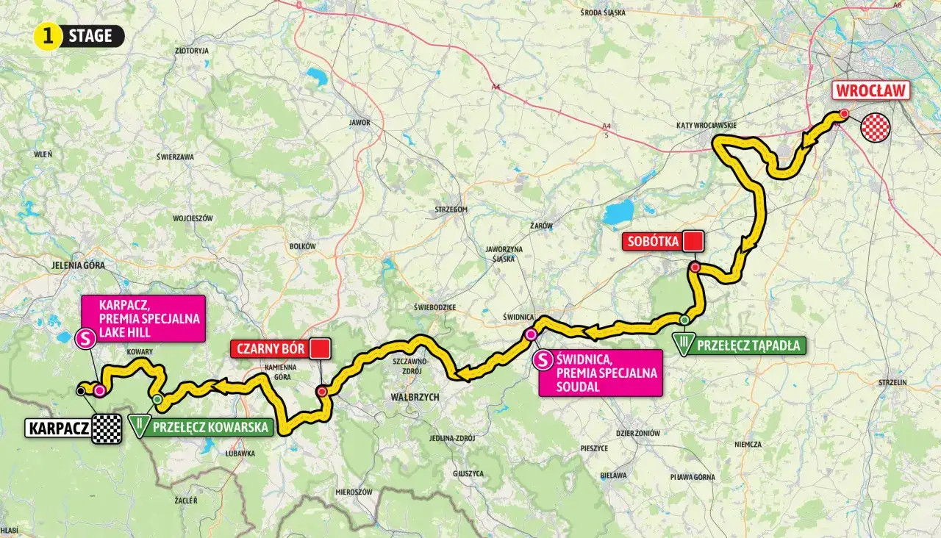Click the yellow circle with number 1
coord(48,36)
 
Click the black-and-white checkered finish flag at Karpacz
coord(107,428)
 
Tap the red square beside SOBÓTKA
coord(693,241)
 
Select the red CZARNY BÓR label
coord(268,348)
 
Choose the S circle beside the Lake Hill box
coord(85,338)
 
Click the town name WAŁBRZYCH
coord(415,397)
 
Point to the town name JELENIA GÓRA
coord(79,265)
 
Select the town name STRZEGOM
coord(451,209)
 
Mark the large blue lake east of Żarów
coord(618,213)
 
